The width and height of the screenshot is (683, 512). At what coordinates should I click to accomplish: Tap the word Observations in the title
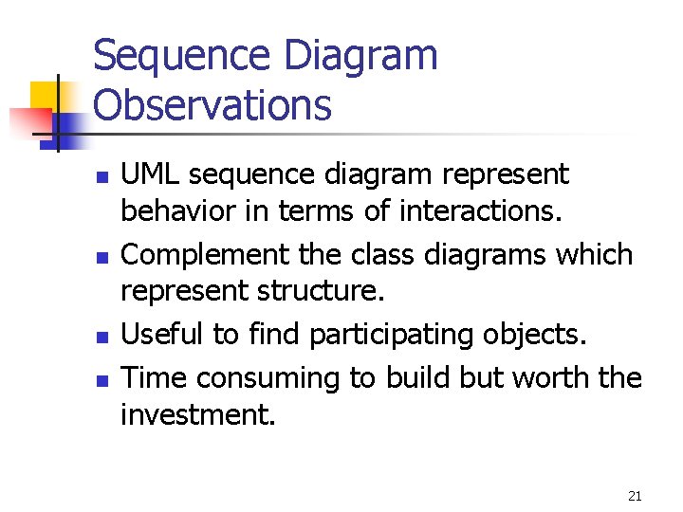click(213, 105)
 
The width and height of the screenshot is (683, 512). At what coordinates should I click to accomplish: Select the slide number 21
click(636, 496)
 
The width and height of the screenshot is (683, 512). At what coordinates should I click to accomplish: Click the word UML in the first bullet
click(151, 174)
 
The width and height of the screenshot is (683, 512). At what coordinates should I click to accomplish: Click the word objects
click(538, 335)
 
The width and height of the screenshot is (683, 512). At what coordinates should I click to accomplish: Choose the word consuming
click(275, 378)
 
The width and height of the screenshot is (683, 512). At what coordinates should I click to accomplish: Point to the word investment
click(198, 414)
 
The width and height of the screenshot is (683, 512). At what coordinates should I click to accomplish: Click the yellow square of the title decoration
click(46, 97)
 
